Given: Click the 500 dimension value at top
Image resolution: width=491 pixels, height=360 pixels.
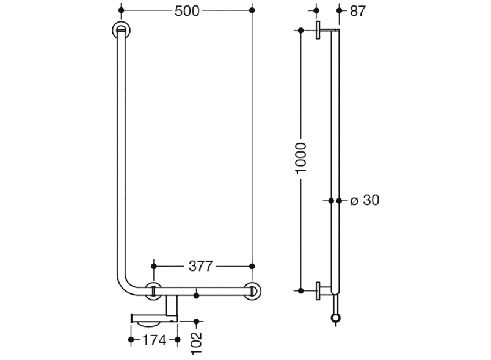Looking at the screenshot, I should click(187, 11).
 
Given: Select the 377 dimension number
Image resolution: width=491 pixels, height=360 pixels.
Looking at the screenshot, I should click(200, 266).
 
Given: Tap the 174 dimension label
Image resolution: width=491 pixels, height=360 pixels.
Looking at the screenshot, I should click(154, 340).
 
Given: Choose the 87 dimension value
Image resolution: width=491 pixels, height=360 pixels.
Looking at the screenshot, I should click(358, 11).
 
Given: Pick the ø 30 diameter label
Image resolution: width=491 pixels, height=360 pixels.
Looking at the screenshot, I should click(365, 200).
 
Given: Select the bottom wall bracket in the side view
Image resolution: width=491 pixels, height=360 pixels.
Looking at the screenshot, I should click(319, 290).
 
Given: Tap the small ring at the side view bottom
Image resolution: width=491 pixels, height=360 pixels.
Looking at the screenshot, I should click(335, 318).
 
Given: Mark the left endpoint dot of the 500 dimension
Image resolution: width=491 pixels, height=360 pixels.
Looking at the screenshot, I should click(121, 10).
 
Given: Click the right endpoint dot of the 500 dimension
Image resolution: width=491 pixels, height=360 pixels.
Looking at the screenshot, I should click(252, 10).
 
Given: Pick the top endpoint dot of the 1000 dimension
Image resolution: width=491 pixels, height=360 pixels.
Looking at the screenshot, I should click(301, 31).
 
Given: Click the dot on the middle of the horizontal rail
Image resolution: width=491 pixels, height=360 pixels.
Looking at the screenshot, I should click(196, 296).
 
